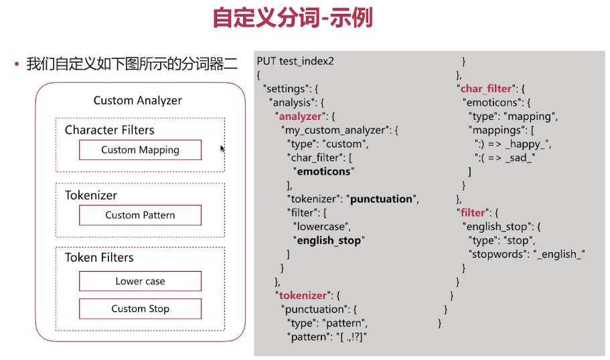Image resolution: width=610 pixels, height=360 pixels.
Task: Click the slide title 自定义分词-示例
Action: [x=292, y=18]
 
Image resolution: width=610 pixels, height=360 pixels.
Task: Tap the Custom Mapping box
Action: [x=140, y=150]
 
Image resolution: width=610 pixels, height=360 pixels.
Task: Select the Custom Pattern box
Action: [x=140, y=215]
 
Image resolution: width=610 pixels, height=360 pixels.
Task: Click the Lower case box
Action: [x=140, y=281]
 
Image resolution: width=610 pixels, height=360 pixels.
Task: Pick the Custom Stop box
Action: [x=140, y=308]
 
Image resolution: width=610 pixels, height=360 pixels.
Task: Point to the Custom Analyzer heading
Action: [x=137, y=100]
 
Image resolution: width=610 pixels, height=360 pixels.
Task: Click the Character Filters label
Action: [x=109, y=130]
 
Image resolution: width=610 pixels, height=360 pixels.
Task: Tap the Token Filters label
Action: [x=99, y=258]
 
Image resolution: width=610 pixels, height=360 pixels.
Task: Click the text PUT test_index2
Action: [x=295, y=62]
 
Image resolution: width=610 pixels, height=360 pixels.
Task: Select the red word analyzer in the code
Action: [x=300, y=116]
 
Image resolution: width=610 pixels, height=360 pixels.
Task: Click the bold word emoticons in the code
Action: [x=323, y=171]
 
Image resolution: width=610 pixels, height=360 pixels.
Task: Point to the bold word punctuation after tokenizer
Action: [x=382, y=199]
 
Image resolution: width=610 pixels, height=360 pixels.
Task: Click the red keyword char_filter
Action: [x=485, y=89]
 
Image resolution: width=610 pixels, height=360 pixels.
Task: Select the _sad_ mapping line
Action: [x=506, y=158]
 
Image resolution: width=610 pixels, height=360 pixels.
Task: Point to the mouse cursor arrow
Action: [x=222, y=148]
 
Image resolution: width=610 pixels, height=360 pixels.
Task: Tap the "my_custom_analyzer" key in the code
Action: [x=335, y=130]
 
